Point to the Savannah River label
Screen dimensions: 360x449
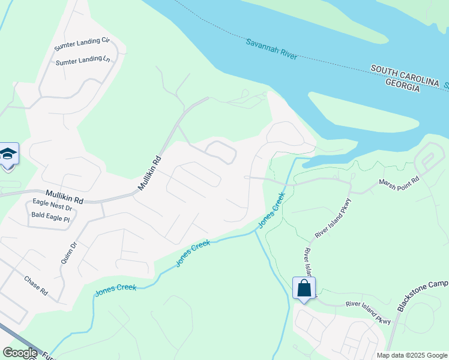point(272,49)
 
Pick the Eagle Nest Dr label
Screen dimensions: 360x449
point(52,205)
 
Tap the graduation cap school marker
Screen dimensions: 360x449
point(8,155)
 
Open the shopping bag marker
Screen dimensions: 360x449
point(304,288)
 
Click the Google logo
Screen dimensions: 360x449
point(20,353)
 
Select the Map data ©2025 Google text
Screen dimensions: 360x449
point(412,355)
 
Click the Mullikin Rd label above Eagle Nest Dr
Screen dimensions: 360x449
point(62,196)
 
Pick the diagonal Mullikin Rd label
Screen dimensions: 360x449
point(150,174)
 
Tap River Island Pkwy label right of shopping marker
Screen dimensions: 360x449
point(367,312)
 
